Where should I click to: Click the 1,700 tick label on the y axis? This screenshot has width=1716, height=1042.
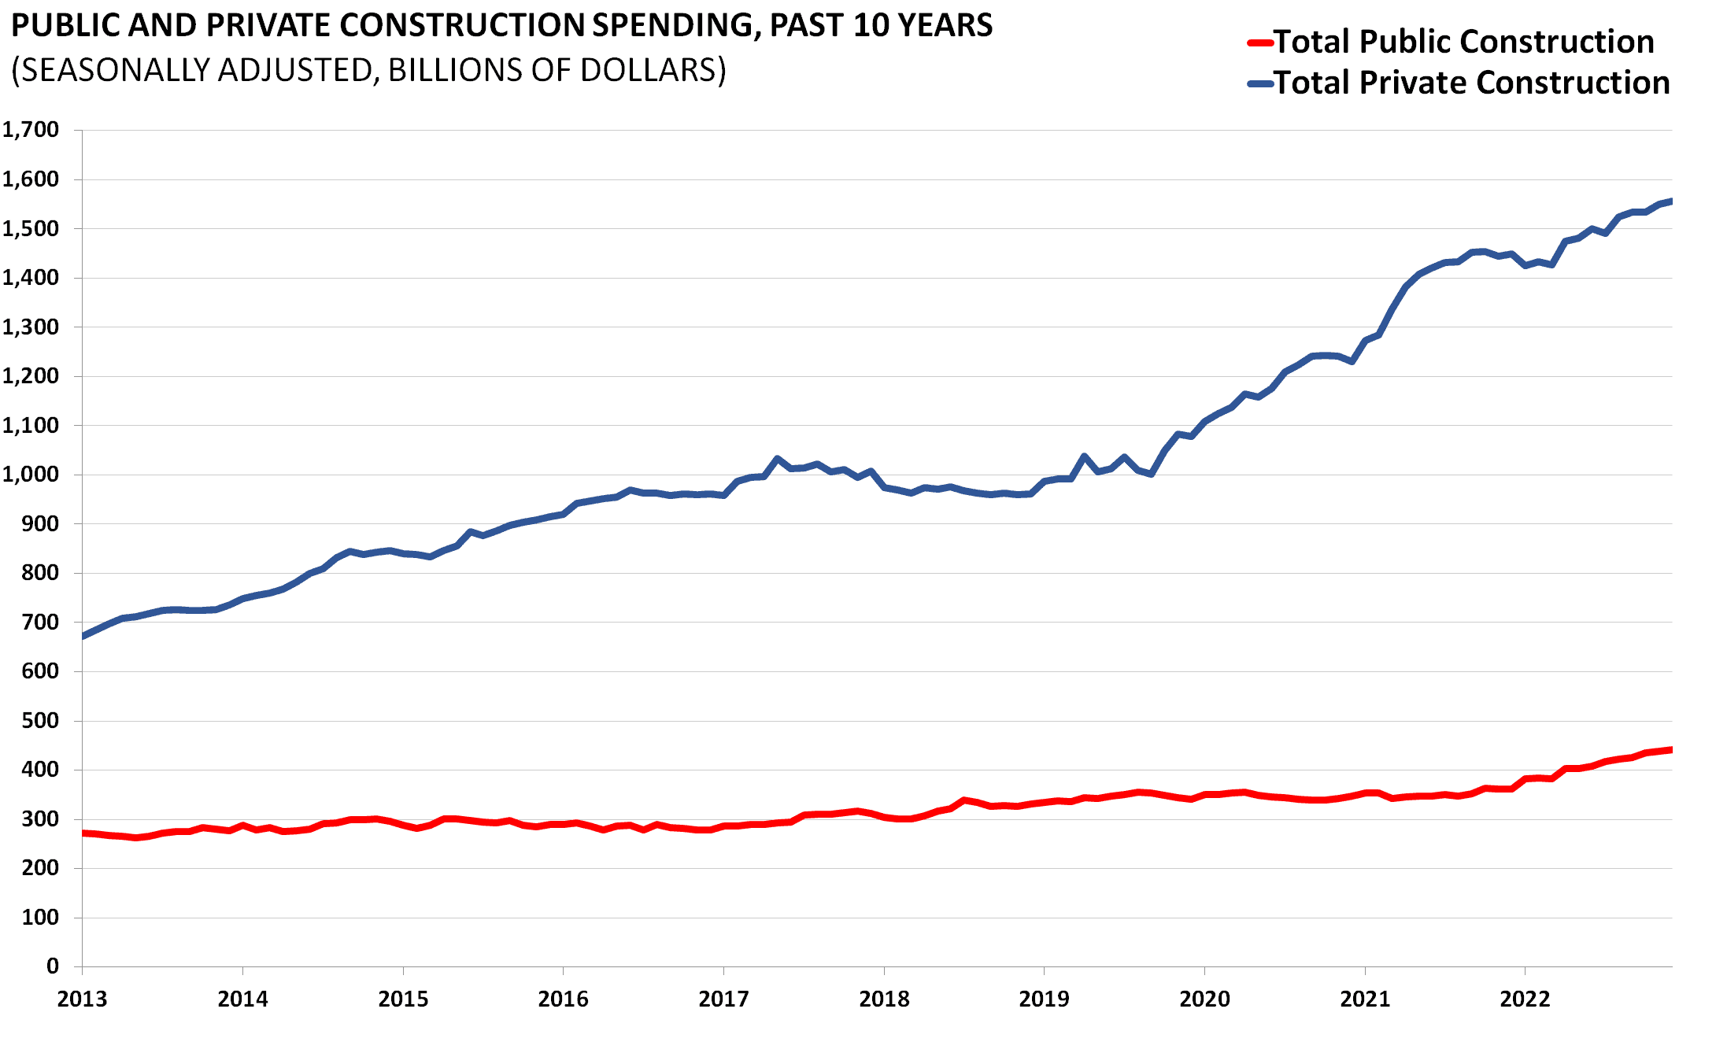tap(31, 130)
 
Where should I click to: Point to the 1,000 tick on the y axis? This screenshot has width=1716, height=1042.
tap(31, 475)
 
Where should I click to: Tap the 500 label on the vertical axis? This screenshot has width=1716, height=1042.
tap(39, 721)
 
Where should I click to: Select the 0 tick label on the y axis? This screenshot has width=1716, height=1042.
tap(52, 966)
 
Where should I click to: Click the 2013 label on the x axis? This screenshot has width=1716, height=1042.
tap(82, 1000)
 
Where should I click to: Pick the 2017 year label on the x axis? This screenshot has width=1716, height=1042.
tap(723, 1000)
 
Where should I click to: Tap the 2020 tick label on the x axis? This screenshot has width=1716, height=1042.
tap(1204, 1000)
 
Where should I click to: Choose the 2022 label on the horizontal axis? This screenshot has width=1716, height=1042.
tap(1525, 1000)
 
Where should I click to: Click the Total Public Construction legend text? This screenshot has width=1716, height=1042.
tap(1464, 42)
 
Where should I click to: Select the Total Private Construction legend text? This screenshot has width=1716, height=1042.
tap(1472, 83)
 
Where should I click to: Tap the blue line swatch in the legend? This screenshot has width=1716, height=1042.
tap(1260, 83)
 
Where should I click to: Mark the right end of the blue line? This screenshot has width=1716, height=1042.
tap(1670, 201)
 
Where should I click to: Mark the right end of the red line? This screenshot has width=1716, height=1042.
tap(1670, 750)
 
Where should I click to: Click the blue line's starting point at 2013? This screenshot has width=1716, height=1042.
tap(83, 636)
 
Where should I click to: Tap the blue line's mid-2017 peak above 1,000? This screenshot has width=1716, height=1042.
tap(777, 459)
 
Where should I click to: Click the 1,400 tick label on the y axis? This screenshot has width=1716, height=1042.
tap(31, 278)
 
